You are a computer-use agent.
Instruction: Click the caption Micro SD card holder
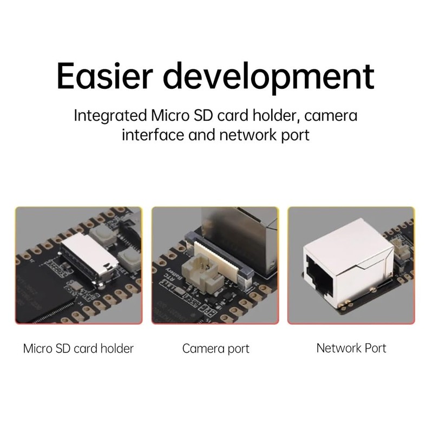point(78,348)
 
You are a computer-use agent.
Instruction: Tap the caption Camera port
point(216,349)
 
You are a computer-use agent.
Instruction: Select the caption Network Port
point(351,347)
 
